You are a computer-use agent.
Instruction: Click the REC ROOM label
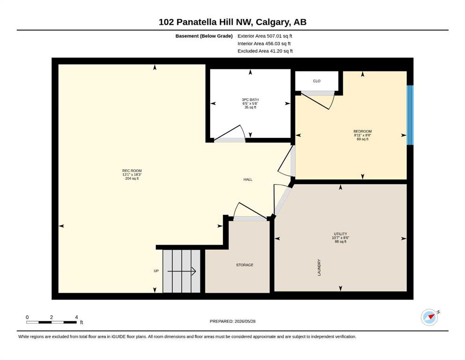point(132,171)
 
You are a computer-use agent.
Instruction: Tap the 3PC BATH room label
point(250,100)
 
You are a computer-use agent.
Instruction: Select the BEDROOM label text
point(362,131)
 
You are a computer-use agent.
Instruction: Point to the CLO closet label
point(317,81)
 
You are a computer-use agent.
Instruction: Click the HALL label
point(248,179)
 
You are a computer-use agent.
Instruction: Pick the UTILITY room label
point(340,234)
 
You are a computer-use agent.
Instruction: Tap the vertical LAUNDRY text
point(319,267)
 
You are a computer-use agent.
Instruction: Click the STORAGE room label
point(244,265)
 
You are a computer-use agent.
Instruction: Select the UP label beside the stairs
point(156,270)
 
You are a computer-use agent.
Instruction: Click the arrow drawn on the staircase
point(182,271)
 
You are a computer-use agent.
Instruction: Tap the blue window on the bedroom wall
point(410,115)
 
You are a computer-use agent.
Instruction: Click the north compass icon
point(430,317)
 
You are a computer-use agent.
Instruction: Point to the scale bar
point(52,322)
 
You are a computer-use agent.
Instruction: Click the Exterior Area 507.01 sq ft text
point(265,36)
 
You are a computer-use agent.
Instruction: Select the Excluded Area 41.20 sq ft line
point(265,51)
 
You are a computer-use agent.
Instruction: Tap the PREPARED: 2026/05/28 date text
point(232,321)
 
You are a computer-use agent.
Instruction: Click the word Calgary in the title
point(273,22)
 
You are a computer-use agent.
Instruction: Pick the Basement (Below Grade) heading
point(204,36)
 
